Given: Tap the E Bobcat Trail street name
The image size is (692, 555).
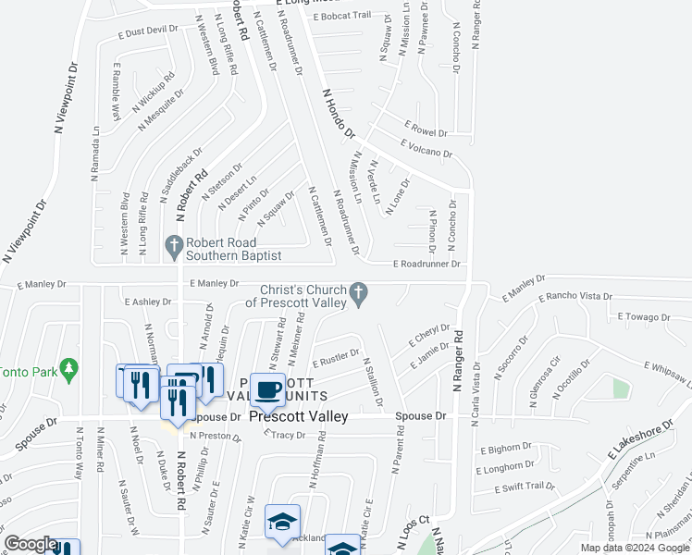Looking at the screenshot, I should point(342,16).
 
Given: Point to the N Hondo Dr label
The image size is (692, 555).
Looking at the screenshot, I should point(339,114).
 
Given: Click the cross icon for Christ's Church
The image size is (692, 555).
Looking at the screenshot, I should point(361,295).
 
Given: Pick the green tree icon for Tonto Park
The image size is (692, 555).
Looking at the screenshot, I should point(68,370).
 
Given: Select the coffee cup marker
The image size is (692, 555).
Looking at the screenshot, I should point(268,390).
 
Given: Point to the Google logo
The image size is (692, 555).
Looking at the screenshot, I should point(31,545).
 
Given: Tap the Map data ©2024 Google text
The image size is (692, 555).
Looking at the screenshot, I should point(635,548).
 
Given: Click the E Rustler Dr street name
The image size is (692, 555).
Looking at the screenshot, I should point(335,357).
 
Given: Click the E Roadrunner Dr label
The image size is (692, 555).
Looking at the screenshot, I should point(426,264).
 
